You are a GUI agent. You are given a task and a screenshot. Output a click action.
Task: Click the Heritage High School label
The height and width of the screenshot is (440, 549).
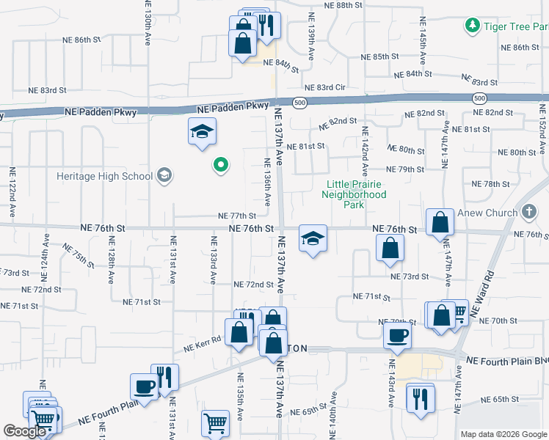105,176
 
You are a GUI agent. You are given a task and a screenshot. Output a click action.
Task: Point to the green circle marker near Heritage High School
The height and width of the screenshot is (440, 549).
219,165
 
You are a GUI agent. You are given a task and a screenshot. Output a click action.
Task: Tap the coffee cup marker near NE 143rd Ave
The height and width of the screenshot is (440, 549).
397,334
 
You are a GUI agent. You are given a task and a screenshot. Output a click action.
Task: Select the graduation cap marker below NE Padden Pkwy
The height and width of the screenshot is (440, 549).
202,131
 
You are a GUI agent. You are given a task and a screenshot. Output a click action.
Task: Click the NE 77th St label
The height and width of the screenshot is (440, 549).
237,216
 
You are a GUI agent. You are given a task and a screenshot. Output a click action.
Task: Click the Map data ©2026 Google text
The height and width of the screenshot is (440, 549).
503,434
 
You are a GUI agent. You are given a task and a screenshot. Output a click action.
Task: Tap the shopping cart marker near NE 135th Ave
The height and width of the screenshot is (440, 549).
215,422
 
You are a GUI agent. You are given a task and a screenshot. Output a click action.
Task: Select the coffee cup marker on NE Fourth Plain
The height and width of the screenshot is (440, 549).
144,386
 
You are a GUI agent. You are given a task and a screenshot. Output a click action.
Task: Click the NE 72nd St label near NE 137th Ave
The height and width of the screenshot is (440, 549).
253,285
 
